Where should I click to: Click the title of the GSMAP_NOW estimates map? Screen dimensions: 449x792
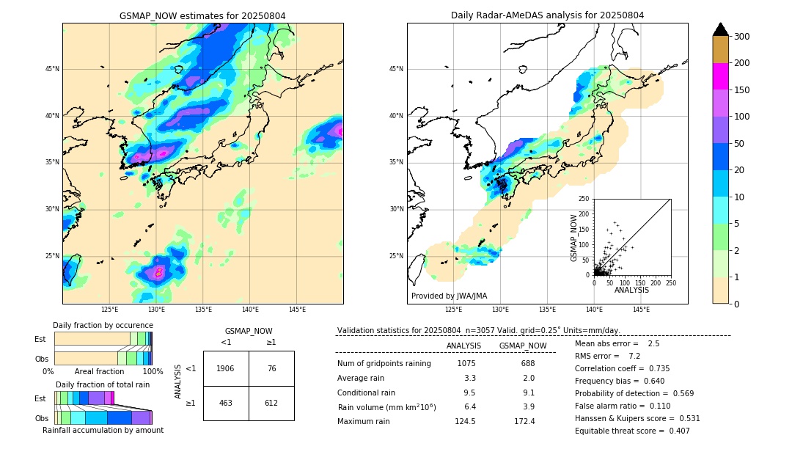(202, 15)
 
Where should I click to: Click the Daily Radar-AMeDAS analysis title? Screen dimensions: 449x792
(547, 15)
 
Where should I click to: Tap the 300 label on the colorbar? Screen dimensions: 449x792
(741, 37)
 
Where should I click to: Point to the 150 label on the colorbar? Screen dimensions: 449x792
(741, 90)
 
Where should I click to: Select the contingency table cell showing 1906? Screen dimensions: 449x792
(226, 368)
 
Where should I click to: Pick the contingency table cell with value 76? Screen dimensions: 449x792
(271, 368)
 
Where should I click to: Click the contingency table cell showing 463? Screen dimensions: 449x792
(226, 403)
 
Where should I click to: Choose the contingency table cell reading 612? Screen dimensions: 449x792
(271, 403)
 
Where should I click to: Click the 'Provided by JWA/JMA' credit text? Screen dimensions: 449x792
(449, 296)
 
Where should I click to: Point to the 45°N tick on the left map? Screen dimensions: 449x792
(52, 69)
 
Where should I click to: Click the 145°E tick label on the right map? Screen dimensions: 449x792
(641, 310)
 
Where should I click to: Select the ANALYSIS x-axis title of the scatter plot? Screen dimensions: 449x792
(632, 290)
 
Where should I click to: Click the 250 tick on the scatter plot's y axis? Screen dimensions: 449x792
(584, 199)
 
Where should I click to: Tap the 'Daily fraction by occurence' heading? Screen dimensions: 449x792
(100, 325)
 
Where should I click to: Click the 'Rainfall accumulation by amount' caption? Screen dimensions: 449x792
(103, 430)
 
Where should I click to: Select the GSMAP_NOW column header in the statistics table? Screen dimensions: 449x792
(522, 346)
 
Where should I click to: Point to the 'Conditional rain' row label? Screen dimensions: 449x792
(366, 393)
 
